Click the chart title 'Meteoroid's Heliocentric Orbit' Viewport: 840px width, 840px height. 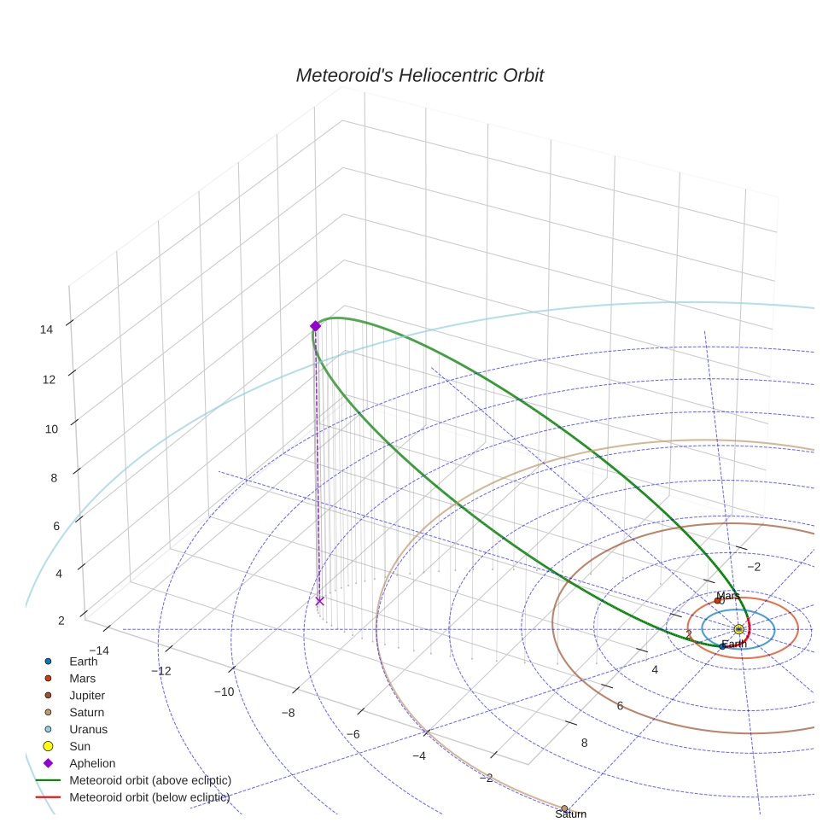click(419, 76)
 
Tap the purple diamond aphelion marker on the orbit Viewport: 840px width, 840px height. click(315, 326)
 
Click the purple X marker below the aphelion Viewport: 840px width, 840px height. click(319, 601)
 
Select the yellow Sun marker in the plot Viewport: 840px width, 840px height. click(738, 630)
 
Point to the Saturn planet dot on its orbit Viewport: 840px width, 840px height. click(564, 808)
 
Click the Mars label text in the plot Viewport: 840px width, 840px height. click(727, 596)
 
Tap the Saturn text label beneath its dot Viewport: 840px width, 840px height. click(570, 814)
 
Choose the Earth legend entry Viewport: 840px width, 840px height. click(83, 661)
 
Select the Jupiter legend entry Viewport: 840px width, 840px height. click(87, 695)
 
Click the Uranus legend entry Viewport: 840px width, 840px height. click(88, 729)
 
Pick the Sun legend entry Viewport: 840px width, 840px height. click(80, 746)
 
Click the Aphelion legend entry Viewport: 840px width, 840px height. click(92, 763)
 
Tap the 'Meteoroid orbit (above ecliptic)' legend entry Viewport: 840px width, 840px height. click(149, 780)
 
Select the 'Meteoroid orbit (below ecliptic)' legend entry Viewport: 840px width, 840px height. click(149, 797)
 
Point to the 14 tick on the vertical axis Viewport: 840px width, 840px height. click(47, 329)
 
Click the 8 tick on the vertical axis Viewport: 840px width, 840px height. click(54, 477)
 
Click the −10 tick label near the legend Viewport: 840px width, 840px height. click(223, 691)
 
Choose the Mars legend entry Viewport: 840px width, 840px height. click(82, 678)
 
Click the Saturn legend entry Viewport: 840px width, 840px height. click(86, 712)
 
